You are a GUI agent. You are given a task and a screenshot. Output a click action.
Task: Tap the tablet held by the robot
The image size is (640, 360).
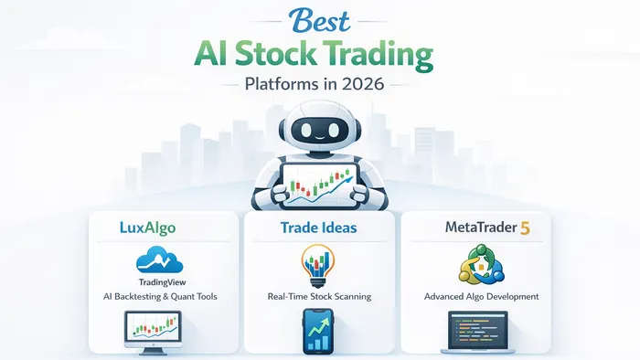click(x=319, y=182)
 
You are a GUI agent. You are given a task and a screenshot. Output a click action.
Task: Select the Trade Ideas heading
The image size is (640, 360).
click(x=319, y=226)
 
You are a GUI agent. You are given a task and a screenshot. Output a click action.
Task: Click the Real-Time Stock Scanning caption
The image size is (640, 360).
click(x=319, y=296)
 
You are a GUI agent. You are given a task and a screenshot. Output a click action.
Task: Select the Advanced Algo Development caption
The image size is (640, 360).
click(x=481, y=296)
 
